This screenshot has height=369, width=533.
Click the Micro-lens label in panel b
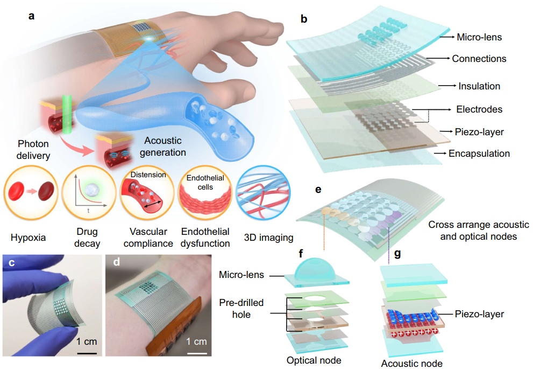(479, 37)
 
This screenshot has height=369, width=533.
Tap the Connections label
(479, 59)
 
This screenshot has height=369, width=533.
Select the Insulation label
(479, 86)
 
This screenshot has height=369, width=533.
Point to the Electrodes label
(479, 109)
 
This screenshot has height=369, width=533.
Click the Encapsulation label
(479, 154)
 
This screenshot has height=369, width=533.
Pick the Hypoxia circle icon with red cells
(31, 192)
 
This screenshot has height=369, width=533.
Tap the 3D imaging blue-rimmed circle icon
(264, 193)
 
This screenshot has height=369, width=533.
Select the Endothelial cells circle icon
(205, 193)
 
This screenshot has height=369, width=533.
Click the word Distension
(148, 175)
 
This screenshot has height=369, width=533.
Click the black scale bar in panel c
(87, 353)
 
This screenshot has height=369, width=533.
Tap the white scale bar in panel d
(197, 353)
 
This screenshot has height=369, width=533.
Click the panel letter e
(318, 190)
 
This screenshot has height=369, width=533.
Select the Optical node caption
(314, 360)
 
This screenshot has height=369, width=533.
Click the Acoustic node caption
(411, 364)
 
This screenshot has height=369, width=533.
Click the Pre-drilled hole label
(241, 309)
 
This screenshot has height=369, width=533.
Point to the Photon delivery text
(33, 150)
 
